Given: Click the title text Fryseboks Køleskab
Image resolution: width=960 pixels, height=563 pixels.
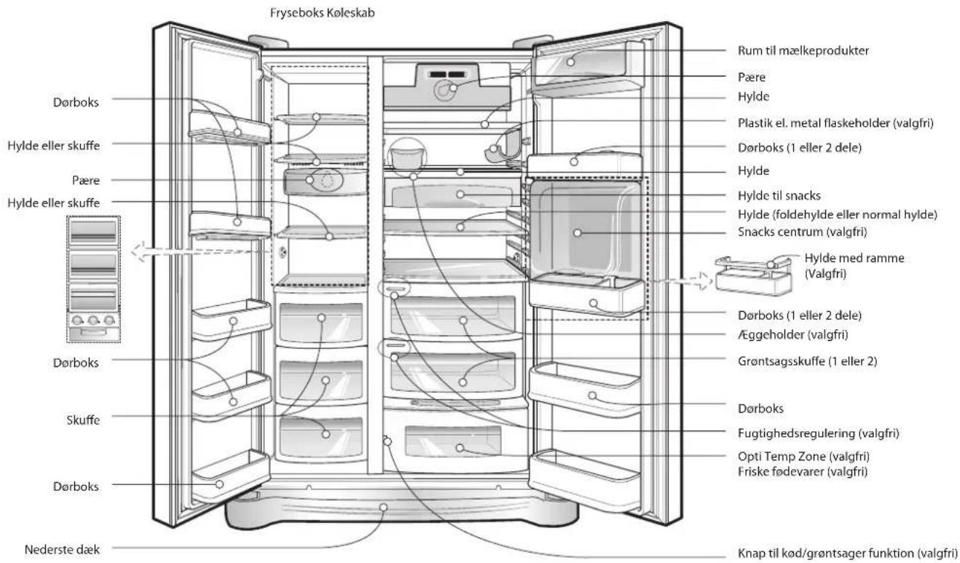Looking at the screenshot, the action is tap(322, 13).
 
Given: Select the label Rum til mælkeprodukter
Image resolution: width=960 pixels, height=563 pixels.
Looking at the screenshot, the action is tap(803, 50).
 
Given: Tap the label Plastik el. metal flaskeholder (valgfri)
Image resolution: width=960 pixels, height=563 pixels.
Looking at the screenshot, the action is tap(835, 123).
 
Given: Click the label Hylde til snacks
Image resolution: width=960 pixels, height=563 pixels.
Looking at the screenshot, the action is tap(779, 196).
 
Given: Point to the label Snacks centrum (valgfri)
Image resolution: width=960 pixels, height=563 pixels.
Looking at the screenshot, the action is tap(802, 232).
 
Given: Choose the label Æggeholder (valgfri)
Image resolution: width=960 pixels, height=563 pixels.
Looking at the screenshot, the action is tap(793, 334).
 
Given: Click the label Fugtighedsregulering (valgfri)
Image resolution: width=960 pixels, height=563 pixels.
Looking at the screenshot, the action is tap(818, 433).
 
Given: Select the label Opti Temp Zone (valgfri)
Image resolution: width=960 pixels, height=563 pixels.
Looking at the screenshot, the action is tap(803, 457).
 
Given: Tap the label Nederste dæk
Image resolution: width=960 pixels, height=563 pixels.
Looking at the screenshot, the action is tap(62, 550).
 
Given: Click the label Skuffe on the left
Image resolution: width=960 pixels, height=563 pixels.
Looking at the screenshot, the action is tap(83, 420).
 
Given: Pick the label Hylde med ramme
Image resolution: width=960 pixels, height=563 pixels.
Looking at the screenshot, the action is tap(854, 258).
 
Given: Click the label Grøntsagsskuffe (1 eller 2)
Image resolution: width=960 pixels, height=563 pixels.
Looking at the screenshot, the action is tap(808, 361).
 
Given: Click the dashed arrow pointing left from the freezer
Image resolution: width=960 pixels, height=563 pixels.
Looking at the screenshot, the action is tap(200, 251).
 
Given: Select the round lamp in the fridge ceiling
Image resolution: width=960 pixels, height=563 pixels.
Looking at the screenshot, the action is tap(446, 91).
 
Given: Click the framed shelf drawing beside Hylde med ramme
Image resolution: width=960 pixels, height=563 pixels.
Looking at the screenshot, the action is tap(753, 275).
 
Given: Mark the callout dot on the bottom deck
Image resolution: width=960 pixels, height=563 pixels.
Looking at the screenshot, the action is tap(383, 508).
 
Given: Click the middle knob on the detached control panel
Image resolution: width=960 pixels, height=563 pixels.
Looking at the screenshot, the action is tap(93, 320).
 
